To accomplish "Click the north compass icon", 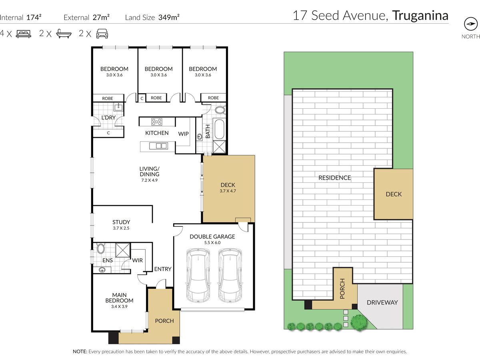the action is [470, 24].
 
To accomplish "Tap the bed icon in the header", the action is [23, 34].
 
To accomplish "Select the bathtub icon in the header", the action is [64, 34].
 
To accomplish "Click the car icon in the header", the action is [102, 34].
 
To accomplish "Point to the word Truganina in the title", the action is [420, 16].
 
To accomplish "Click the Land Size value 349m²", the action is [169, 17].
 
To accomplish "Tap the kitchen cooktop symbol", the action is [157, 122].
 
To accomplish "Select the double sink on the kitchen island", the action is [158, 146].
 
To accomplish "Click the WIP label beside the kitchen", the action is [183, 134].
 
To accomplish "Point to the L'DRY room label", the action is [108, 118].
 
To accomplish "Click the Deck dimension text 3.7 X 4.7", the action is [228, 191].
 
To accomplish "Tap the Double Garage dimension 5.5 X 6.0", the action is [212, 242].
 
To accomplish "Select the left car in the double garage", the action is [198, 275].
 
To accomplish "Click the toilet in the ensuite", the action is [100, 248].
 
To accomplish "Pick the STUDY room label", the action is [121, 222].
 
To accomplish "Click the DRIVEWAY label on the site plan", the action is [382, 302].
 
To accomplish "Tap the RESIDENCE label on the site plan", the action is [334, 178].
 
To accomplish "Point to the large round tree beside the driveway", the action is [359, 322].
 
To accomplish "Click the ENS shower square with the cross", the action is [123, 250].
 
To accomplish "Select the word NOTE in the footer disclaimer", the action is [80, 352].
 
